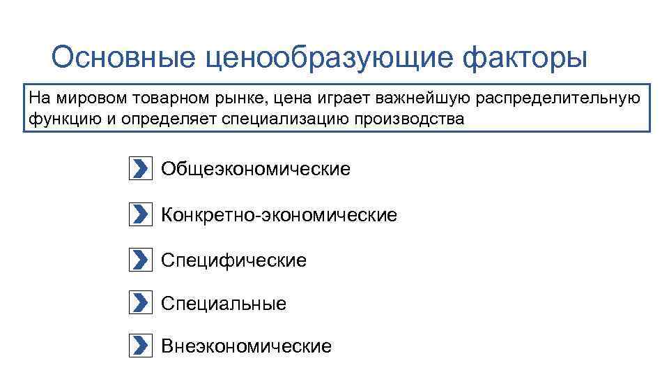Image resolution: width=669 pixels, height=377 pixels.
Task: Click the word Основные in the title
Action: [120, 58]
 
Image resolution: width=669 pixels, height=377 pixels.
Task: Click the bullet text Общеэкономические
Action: [256, 169]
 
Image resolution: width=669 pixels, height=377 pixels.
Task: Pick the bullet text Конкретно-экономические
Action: [279, 215]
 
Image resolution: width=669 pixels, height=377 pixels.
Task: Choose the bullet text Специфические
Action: [233, 260]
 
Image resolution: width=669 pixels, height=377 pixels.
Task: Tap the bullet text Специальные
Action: [224, 304]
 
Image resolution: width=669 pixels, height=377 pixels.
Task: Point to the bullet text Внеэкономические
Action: [246, 346]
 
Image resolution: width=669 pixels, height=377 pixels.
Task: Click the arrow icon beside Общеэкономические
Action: [140, 169]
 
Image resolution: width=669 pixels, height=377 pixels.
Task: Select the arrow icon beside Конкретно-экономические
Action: [140, 215]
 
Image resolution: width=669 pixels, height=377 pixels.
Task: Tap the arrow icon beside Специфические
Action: [140, 260]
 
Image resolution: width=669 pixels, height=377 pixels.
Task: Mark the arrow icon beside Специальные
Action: [140, 303]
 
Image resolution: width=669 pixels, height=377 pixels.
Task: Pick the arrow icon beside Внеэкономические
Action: [140, 346]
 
